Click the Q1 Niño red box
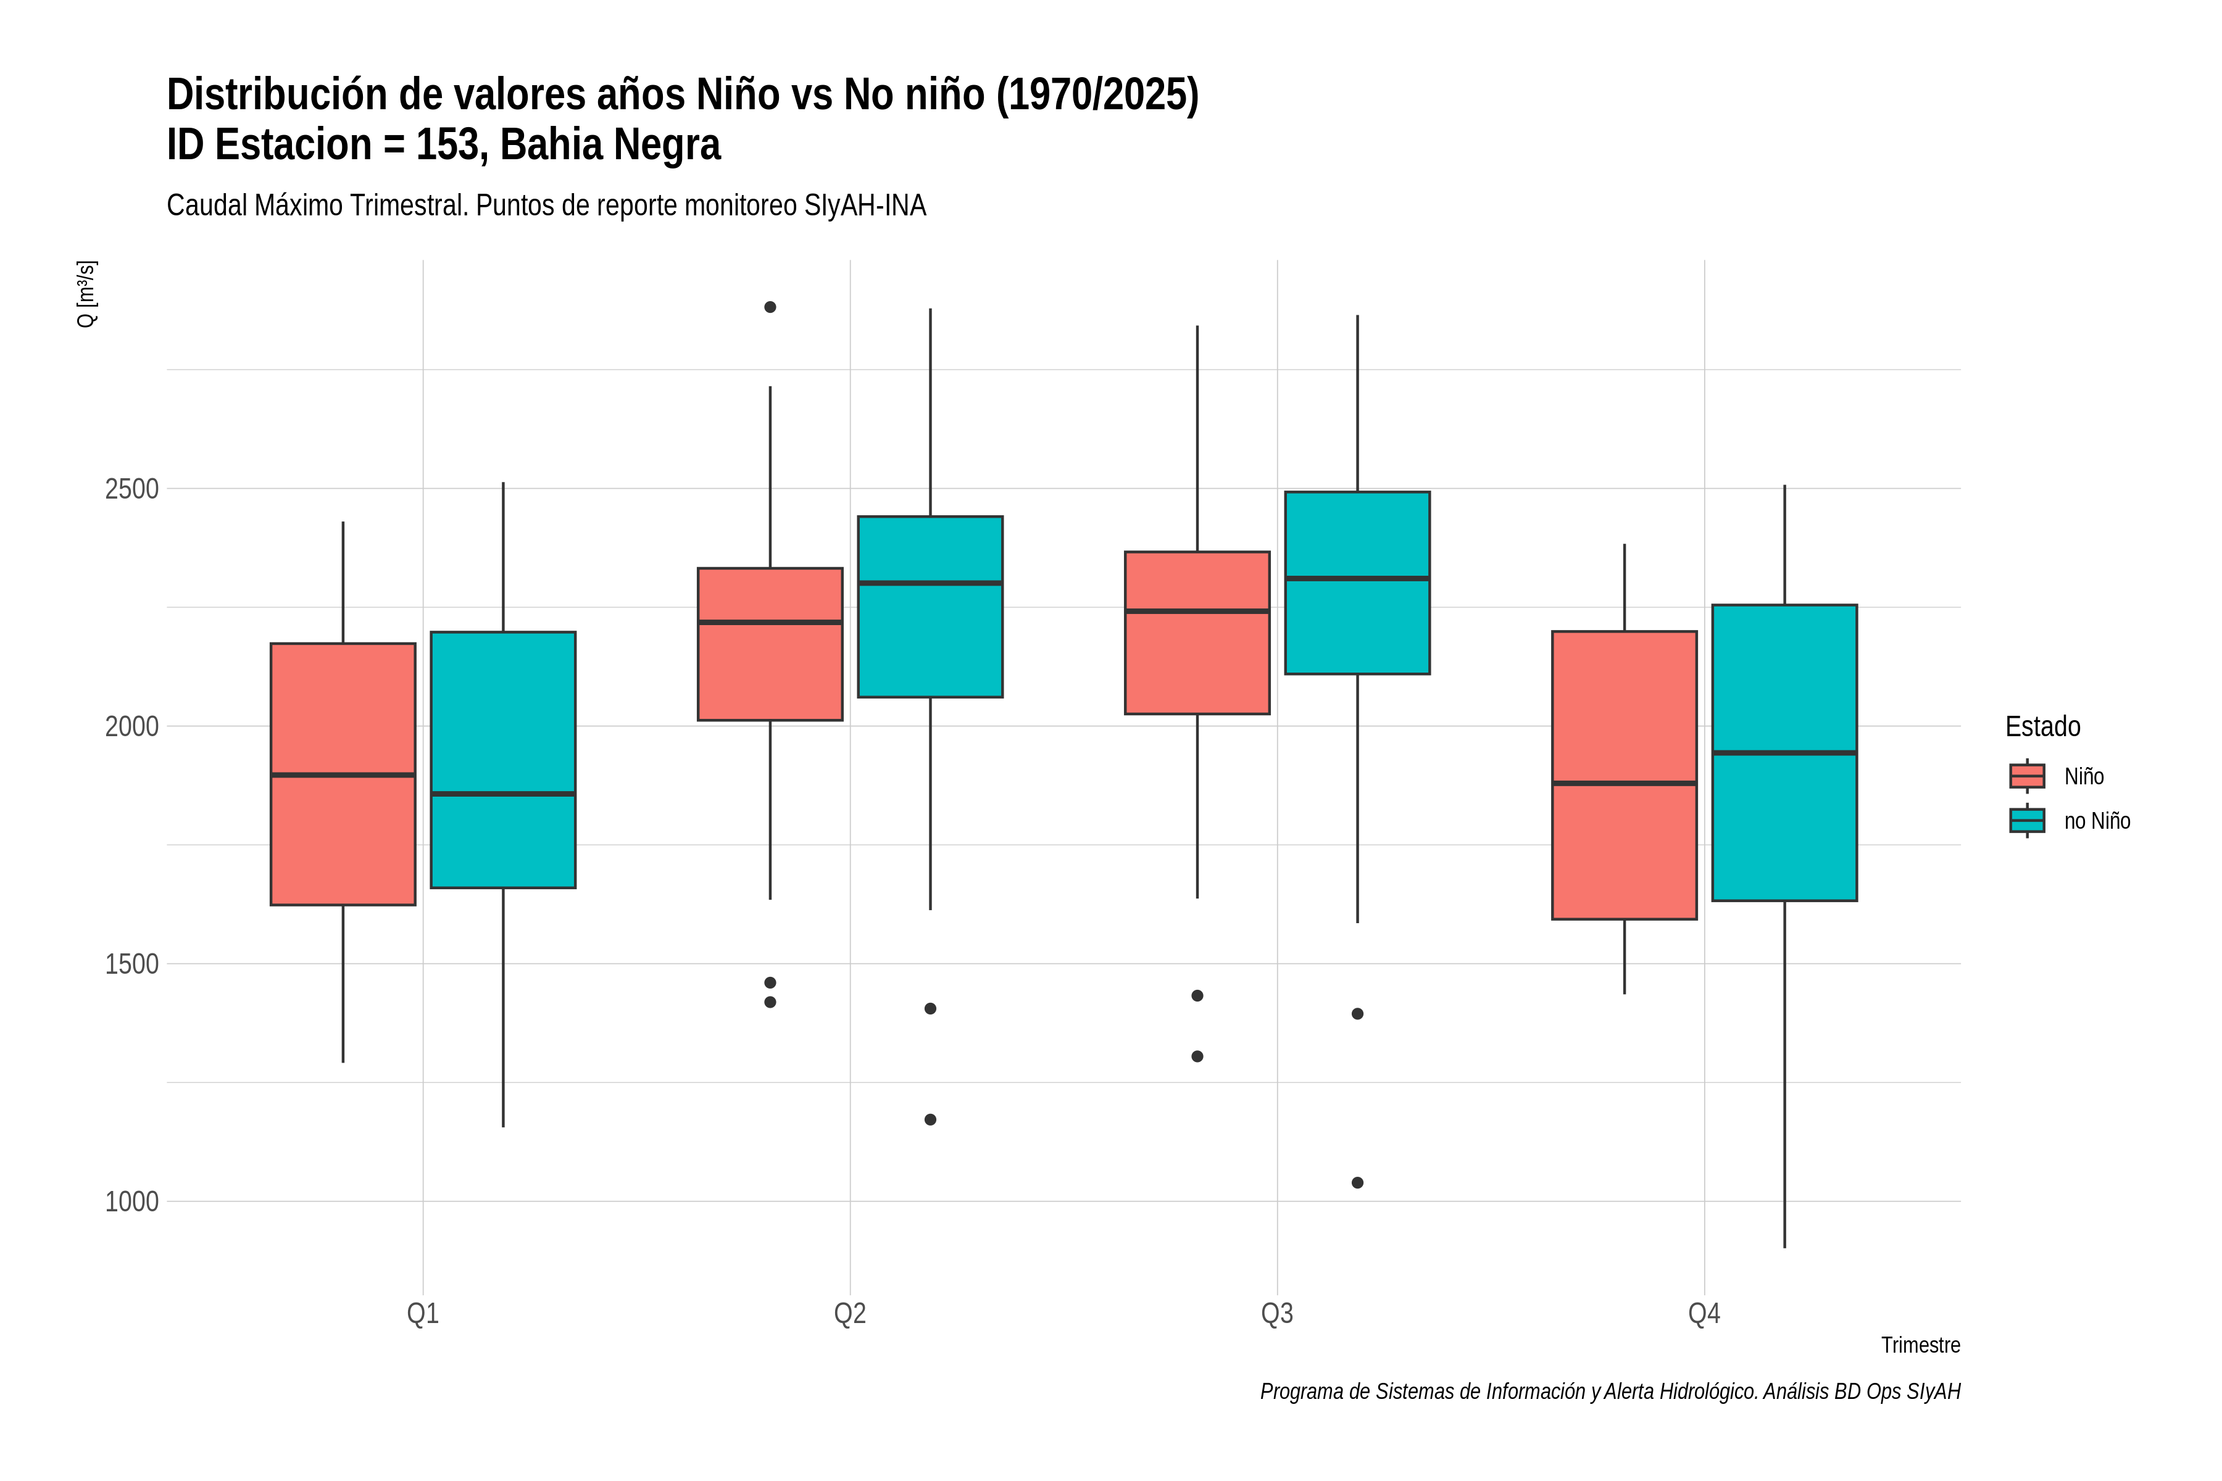pyautogui.click(x=343, y=774)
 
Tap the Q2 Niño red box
pyautogui.click(x=770, y=644)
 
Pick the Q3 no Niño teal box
pyautogui.click(x=1357, y=583)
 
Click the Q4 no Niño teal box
pyautogui.click(x=1784, y=753)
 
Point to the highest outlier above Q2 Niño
pyautogui.click(x=770, y=307)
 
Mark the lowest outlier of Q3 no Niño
pyautogui.click(x=1357, y=1182)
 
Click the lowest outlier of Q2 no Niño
pyautogui.click(x=931, y=1119)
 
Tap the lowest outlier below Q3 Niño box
pyautogui.click(x=1197, y=1056)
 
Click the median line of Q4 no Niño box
pyautogui.click(x=1784, y=753)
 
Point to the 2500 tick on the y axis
pyautogui.click(x=132, y=489)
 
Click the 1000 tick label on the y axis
pyautogui.click(x=132, y=1201)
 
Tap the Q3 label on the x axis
pyautogui.click(x=1277, y=1314)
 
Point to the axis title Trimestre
pyautogui.click(x=1921, y=1345)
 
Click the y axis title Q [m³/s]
pyautogui.click(x=86, y=294)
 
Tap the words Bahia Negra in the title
pyautogui.click(x=610, y=144)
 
